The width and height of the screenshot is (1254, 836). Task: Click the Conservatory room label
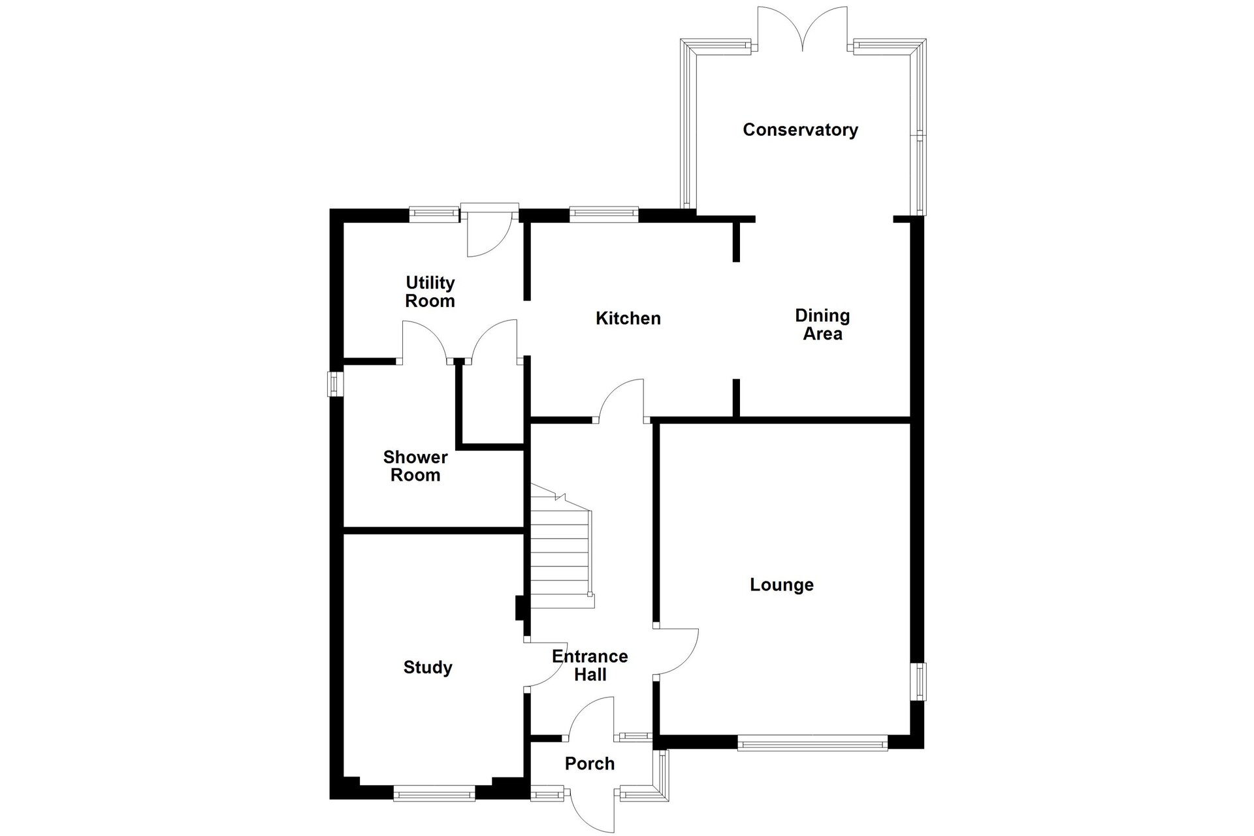800,129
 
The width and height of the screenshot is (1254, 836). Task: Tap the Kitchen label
628,318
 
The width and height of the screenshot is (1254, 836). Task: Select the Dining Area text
822,325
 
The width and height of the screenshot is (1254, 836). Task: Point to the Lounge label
782,585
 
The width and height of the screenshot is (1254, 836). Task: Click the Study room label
428,667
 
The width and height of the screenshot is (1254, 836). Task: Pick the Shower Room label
415,466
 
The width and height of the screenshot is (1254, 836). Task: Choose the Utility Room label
430,291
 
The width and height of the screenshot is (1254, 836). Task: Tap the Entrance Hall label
590,666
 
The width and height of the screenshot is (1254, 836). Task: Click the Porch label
590,764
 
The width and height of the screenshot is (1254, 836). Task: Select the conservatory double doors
803,29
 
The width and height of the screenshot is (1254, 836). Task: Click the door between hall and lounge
676,652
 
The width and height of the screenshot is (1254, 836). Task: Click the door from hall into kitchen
621,400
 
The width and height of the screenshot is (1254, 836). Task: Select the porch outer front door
592,809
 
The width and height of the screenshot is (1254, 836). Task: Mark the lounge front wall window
812,743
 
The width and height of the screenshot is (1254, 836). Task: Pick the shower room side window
336,384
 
